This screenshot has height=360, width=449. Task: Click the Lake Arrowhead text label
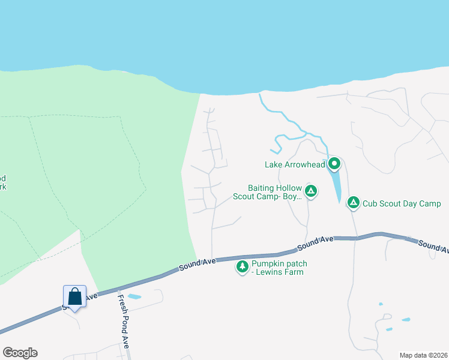(x=295, y=164)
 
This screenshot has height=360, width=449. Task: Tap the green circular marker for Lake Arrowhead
(x=334, y=163)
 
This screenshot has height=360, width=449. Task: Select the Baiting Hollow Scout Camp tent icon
(x=311, y=191)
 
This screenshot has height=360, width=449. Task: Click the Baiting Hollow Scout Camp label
(x=274, y=192)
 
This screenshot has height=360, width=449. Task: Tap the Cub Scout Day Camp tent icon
(x=354, y=203)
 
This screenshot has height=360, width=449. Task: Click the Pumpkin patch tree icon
(x=243, y=266)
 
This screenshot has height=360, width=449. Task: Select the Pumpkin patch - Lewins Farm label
(x=277, y=268)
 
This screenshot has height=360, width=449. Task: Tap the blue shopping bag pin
(x=74, y=297)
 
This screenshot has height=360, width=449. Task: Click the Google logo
(x=20, y=353)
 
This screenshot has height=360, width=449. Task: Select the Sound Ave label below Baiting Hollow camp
(x=315, y=242)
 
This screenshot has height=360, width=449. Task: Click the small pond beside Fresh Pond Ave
(x=134, y=296)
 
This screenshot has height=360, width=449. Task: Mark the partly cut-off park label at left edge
(x=3, y=182)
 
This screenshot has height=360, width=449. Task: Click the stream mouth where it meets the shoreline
(x=261, y=94)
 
